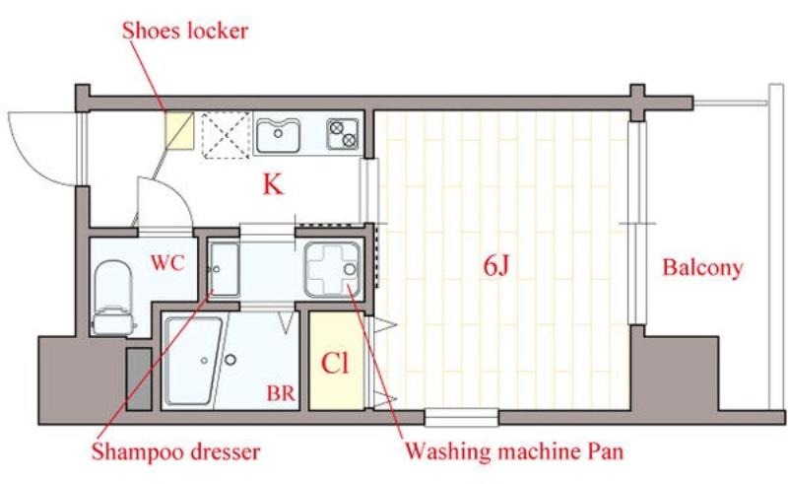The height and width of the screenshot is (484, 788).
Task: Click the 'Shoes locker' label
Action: click(x=185, y=32)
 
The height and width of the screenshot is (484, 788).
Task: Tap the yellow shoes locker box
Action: click(x=180, y=130)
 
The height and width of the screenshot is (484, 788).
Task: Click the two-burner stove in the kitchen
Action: click(x=343, y=134)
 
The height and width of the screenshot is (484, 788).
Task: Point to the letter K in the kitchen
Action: click(x=273, y=184)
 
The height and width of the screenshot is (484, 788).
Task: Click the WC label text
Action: click(x=167, y=263)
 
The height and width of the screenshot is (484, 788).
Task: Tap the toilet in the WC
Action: click(x=113, y=298)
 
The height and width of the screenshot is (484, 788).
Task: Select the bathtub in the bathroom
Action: click(x=193, y=360)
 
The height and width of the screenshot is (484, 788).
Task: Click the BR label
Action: click(x=281, y=393)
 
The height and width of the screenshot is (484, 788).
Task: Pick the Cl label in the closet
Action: click(x=335, y=363)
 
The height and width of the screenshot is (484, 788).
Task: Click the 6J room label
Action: click(x=496, y=265)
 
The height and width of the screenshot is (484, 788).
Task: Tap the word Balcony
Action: click(x=702, y=268)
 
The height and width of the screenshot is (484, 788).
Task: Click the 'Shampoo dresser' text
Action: click(x=176, y=451)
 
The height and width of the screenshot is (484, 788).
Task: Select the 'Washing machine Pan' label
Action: click(x=514, y=450)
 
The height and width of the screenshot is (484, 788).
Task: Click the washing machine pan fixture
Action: click(x=332, y=269)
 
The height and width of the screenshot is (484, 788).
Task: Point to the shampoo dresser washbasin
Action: click(x=224, y=270)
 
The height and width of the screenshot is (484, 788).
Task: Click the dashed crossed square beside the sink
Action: click(x=227, y=135)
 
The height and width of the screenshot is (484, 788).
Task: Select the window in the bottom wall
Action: click(x=461, y=418)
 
